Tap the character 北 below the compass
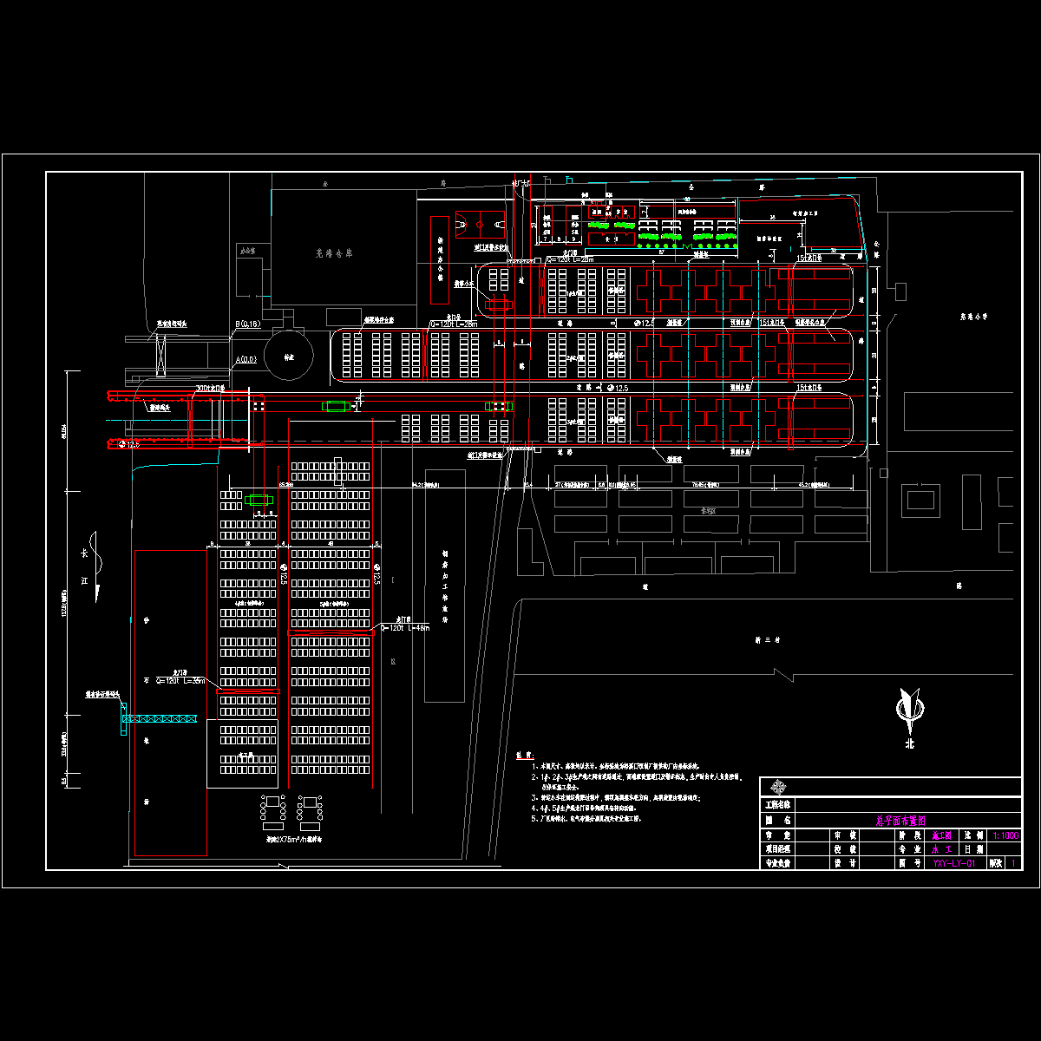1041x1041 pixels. click(x=910, y=743)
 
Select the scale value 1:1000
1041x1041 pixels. click(x=1005, y=835)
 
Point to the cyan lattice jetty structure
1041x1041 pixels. click(x=160, y=719)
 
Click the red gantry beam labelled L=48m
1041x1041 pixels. click(x=331, y=633)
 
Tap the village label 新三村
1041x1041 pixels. click(x=769, y=639)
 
